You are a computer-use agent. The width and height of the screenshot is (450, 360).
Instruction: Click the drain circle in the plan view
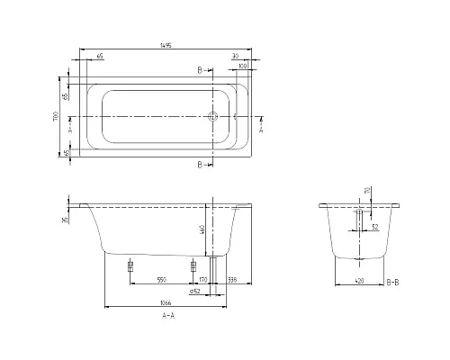(x=213, y=117)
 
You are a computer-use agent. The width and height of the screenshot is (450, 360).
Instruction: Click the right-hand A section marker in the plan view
(x=260, y=128)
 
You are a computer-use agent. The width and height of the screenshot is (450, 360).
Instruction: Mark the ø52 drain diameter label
(x=194, y=292)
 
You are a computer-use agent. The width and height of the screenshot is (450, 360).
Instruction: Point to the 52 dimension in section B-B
(x=373, y=227)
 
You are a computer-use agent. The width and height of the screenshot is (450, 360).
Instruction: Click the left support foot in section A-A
(x=131, y=265)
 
